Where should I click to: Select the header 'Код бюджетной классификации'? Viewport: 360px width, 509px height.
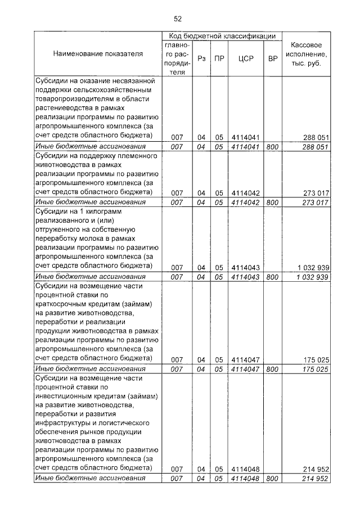click(222, 36)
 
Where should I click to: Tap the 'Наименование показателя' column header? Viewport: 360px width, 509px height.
click(98, 53)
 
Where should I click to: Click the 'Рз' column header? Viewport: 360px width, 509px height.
click(201, 58)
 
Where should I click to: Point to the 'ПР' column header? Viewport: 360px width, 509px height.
click(219, 58)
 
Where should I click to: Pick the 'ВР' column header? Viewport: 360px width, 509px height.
click(272, 58)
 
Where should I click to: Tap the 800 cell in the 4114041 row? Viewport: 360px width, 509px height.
click(272, 147)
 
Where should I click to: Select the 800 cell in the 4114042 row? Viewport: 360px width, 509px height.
click(272, 202)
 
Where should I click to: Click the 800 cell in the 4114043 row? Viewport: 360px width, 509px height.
click(272, 277)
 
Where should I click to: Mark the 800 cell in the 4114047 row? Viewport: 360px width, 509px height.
click(272, 369)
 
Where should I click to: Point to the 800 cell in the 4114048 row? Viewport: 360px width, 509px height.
click(272, 479)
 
